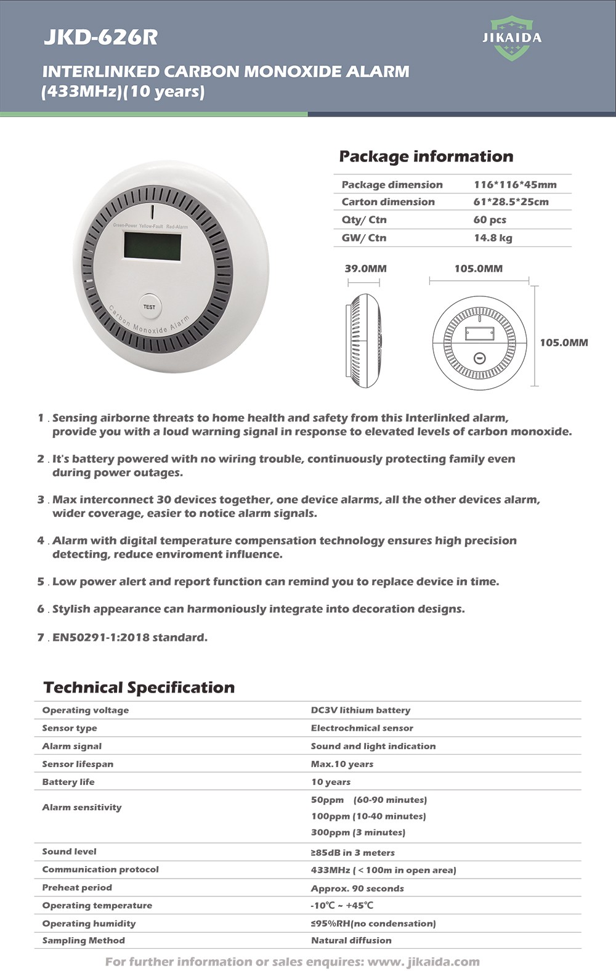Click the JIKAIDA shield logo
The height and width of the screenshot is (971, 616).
pyautogui.click(x=512, y=38)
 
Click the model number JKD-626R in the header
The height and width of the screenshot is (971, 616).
pyautogui.click(x=100, y=38)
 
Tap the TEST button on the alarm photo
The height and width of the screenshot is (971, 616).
pyautogui.click(x=149, y=306)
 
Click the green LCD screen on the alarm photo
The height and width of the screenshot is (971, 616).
pyautogui.click(x=152, y=246)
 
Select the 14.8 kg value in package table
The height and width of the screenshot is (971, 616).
pyautogui.click(x=493, y=238)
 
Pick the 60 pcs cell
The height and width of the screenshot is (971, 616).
pyautogui.click(x=490, y=219)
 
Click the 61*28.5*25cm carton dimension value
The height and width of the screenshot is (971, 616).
pyautogui.click(x=511, y=201)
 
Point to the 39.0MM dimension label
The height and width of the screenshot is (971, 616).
pyautogui.click(x=365, y=269)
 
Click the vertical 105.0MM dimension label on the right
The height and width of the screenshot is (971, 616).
pyautogui.click(x=564, y=343)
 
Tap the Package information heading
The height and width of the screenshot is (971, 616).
pyautogui.click(x=426, y=156)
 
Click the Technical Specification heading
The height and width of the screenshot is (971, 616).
pyautogui.click(x=139, y=688)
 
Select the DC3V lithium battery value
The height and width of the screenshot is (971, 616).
pyautogui.click(x=360, y=710)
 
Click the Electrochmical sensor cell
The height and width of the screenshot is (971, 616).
pyautogui.click(x=362, y=728)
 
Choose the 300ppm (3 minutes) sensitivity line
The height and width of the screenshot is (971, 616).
pyautogui.click(x=358, y=832)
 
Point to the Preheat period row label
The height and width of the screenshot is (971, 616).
pyautogui.click(x=77, y=887)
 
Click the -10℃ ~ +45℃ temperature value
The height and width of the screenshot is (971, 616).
pyautogui.click(x=342, y=905)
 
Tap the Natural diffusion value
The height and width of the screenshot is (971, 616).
pyautogui.click(x=351, y=940)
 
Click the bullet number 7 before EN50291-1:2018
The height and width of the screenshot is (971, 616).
pyautogui.click(x=41, y=637)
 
